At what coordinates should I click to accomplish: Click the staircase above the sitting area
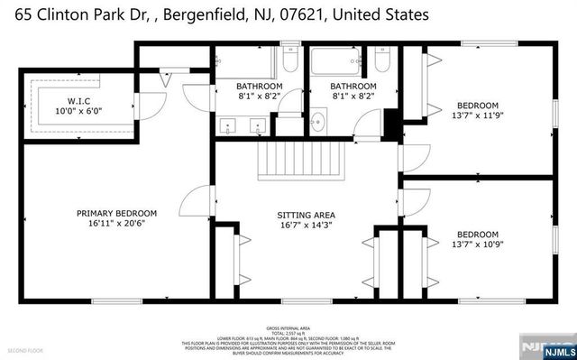click(x=290, y=163)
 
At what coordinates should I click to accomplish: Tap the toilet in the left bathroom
click(x=288, y=61)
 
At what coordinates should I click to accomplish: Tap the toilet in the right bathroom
click(x=381, y=61)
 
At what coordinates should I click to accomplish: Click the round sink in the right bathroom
click(x=317, y=121)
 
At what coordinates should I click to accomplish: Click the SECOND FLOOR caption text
click(x=24, y=349)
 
